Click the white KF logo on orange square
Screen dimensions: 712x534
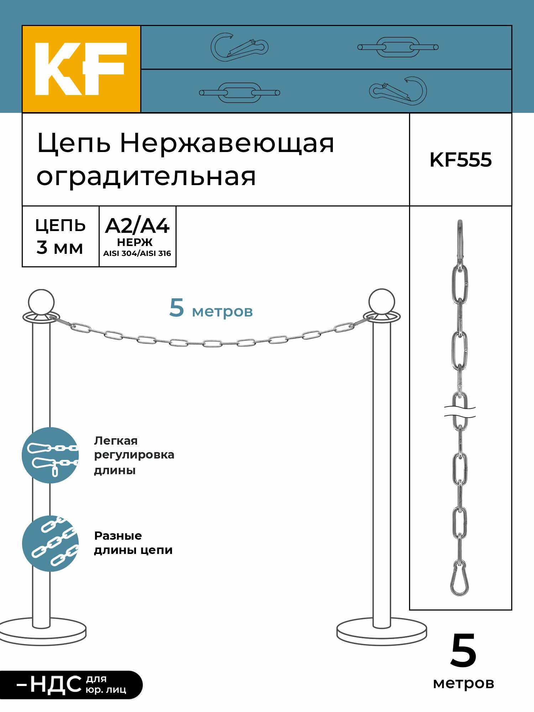click(81, 69)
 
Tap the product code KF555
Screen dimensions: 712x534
click(460, 160)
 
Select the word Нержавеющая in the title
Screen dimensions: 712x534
click(227, 143)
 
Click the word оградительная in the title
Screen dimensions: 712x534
click(146, 177)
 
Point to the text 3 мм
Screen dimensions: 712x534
click(60, 247)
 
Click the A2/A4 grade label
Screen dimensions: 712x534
click(137, 226)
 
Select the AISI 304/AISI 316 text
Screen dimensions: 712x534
click(137, 253)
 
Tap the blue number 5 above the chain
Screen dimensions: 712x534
click(177, 308)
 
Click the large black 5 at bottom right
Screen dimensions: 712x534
click(463, 651)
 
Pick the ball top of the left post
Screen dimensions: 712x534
click(41, 302)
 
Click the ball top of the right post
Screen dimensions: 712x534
click(382, 302)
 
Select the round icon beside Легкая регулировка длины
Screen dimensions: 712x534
click(50, 455)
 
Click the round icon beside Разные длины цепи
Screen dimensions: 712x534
click(50, 544)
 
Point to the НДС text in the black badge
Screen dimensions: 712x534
click(56, 685)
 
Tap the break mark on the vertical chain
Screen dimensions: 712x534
click(460, 412)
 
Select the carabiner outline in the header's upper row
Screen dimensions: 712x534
click(239, 47)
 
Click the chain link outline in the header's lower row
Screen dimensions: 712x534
click(239, 93)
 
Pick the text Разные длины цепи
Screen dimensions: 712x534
click(133, 543)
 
